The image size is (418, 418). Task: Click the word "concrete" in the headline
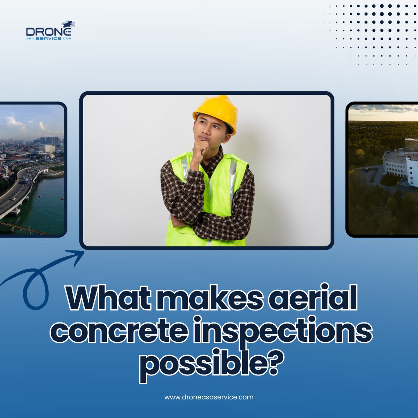pos(120,331)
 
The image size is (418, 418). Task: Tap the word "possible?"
pos(209,364)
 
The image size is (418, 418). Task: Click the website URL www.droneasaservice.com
pos(209,397)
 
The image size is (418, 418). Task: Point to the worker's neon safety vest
pos(228,194)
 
